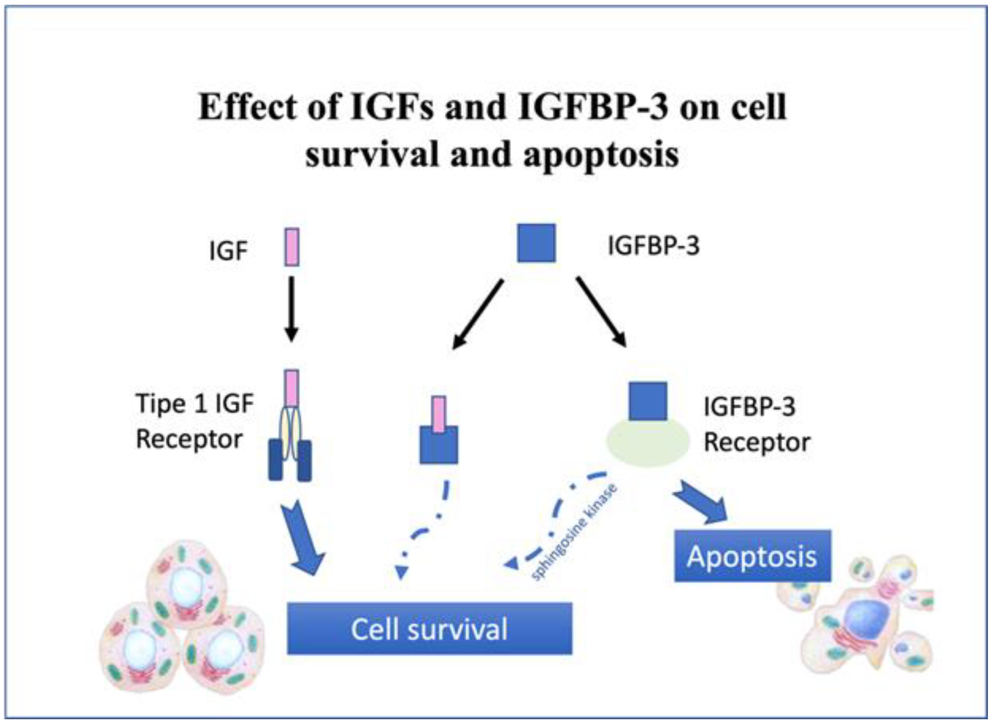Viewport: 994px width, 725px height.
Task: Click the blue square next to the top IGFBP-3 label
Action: click(x=536, y=243)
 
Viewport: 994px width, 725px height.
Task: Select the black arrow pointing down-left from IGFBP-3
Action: click(x=477, y=314)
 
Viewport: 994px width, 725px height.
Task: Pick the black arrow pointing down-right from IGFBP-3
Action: click(x=601, y=311)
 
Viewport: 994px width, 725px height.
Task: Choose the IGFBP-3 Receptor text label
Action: click(x=756, y=424)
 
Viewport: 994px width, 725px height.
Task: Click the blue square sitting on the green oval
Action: click(x=648, y=401)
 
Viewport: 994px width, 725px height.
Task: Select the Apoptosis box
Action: click(x=752, y=556)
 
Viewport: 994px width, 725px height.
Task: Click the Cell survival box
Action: click(x=429, y=629)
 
